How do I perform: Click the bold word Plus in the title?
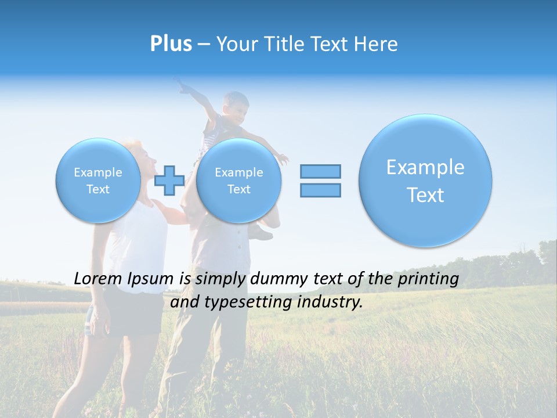[171, 44]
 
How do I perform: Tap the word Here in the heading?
[378, 44]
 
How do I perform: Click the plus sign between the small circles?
[169, 180]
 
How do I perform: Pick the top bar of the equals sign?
[320, 171]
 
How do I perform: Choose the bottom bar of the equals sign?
[320, 190]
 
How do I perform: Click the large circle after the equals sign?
[425, 181]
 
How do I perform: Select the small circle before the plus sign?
[98, 181]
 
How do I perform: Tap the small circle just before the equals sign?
[238, 181]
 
